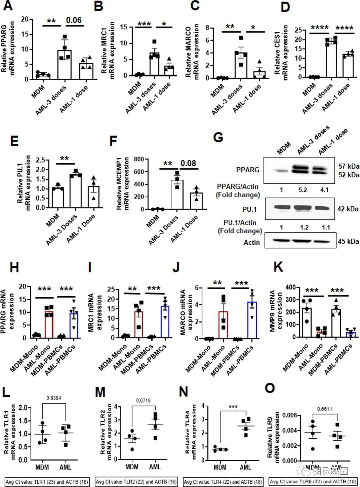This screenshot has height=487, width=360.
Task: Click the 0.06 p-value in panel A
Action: click(x=74, y=20)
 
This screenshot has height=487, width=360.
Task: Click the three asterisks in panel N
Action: click(x=233, y=407)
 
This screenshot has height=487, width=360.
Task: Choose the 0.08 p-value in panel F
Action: click(x=188, y=163)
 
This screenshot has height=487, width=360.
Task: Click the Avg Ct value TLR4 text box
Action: click(x=223, y=482)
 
